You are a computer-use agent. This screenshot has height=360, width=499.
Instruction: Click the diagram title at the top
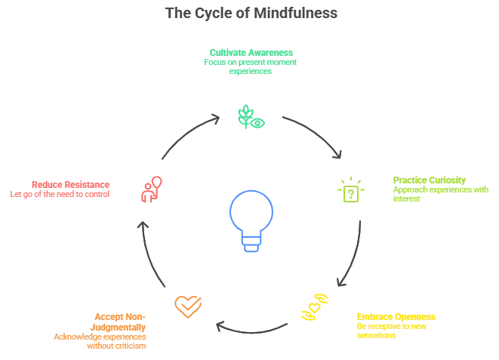tap(249, 13)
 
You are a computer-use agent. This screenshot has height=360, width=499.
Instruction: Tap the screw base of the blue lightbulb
tap(248, 242)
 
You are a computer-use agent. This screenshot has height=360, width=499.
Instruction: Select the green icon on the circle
tap(248, 118)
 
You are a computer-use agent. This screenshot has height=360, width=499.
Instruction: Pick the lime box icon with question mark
tap(350, 190)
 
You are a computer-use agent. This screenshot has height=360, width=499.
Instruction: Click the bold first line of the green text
tap(251, 53)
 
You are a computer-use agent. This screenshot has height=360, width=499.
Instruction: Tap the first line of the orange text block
tap(121, 315)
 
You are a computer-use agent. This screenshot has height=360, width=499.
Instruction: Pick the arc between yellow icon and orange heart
tap(249, 330)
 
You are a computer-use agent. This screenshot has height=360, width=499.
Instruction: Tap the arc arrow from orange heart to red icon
tap(149, 253)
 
